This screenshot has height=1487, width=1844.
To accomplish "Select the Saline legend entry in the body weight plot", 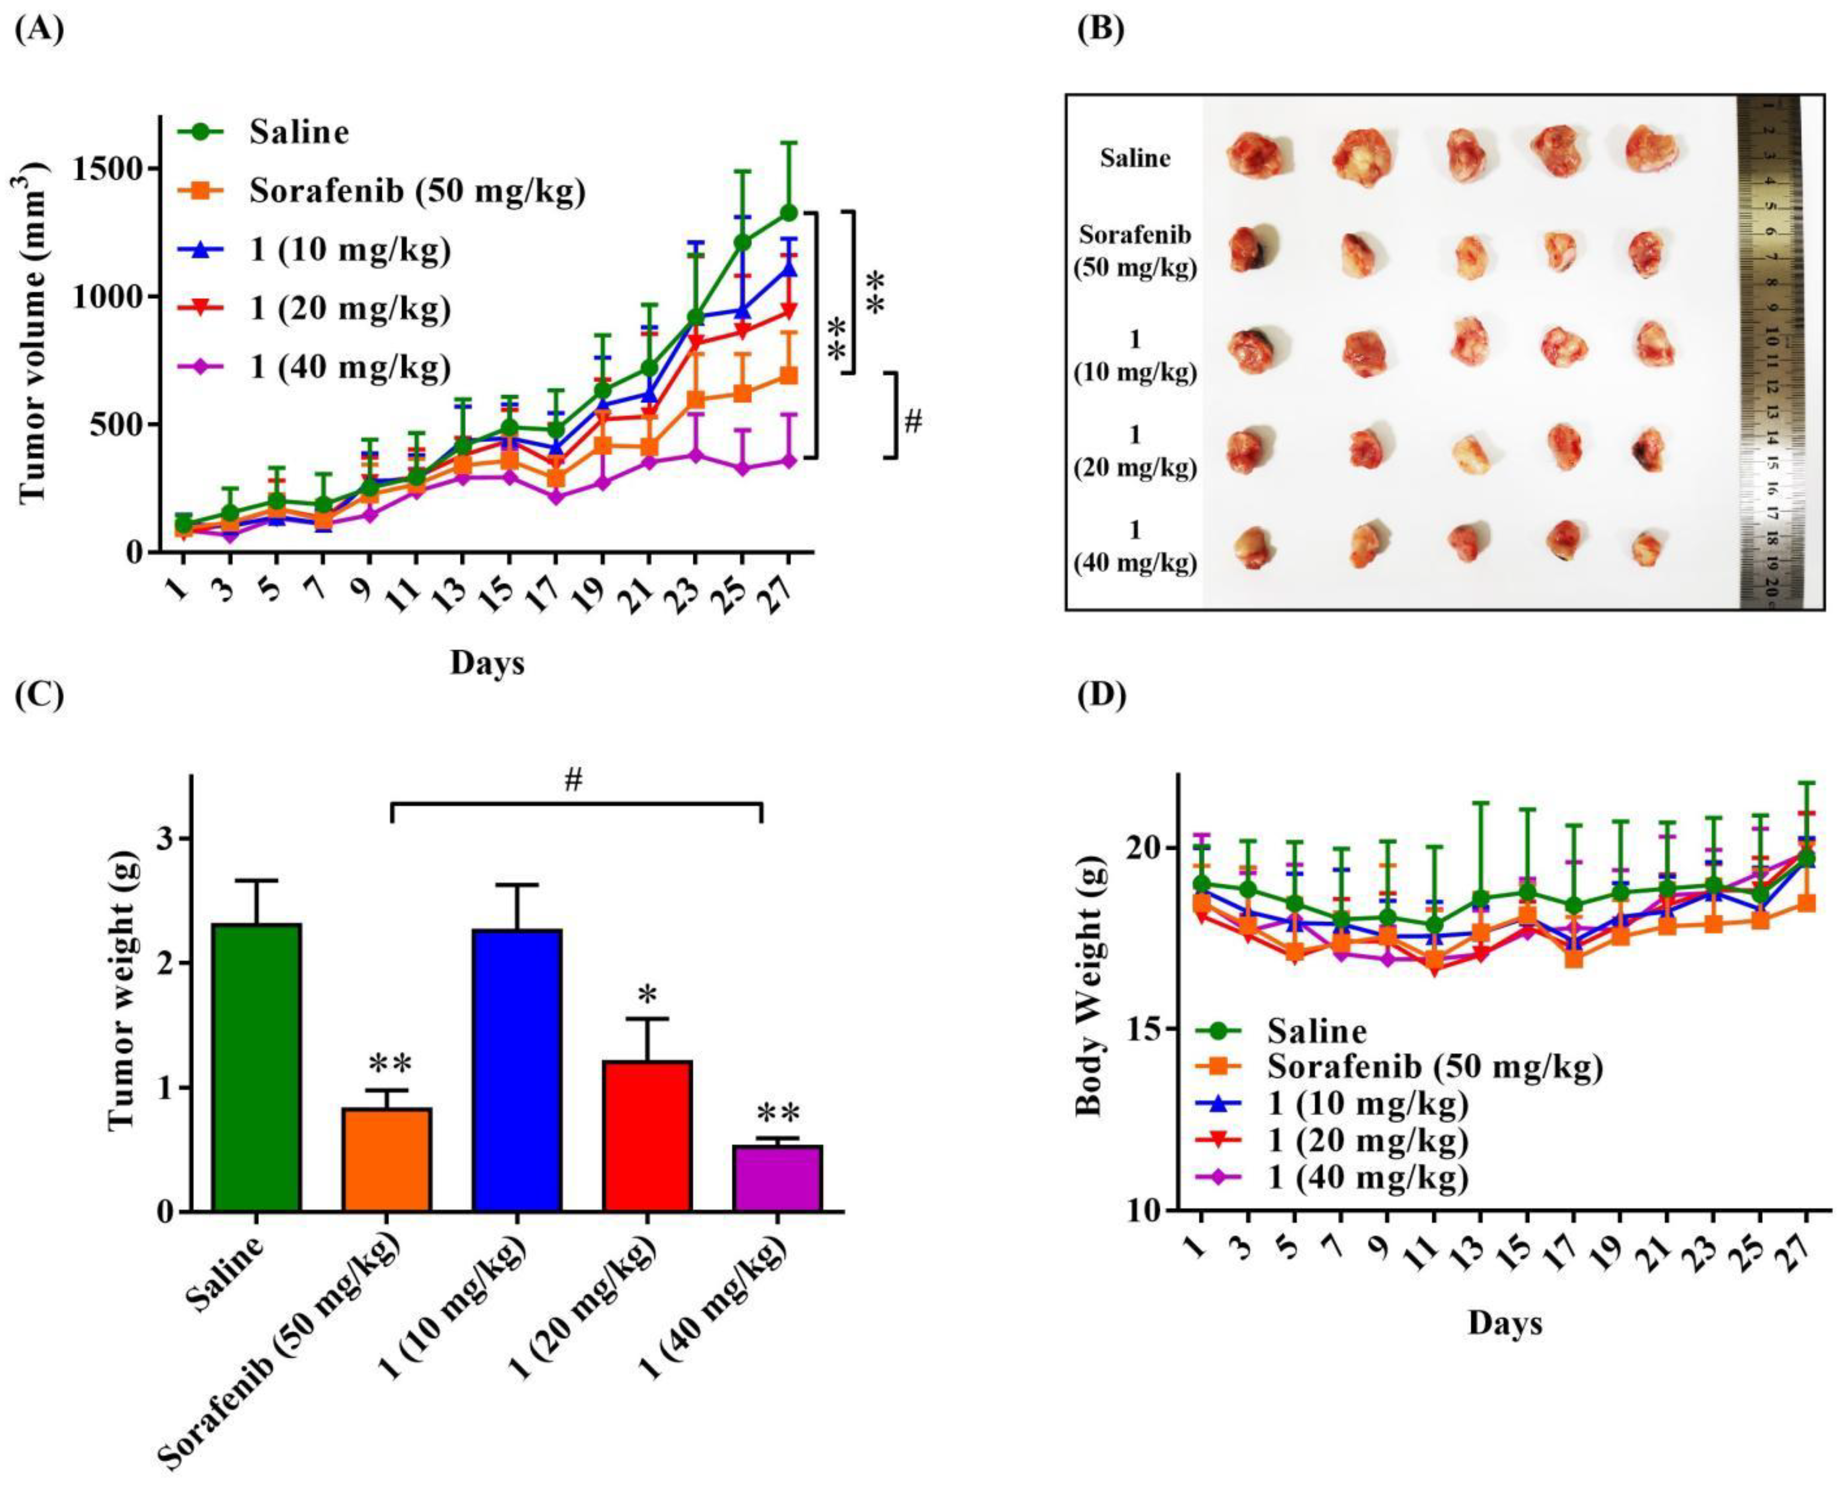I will [x=1316, y=1031].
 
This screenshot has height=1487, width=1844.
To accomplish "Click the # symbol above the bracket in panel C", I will [x=574, y=780].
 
